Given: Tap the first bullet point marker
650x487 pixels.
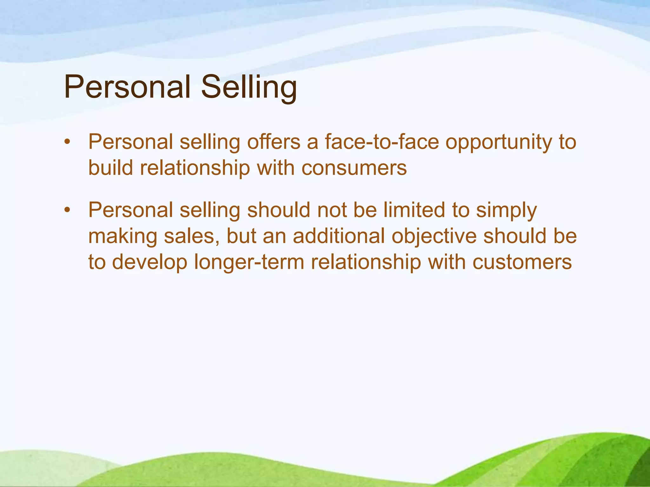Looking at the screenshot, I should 66,142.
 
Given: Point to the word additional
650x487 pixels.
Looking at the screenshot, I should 338,236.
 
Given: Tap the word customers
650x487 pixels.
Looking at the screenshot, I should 522,263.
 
